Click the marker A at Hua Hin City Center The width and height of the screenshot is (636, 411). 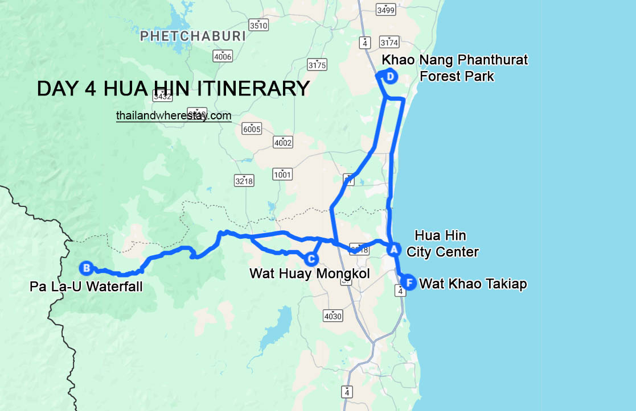[392, 248]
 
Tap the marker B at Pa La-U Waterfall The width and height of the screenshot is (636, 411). [86, 267]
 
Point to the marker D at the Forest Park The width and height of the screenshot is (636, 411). [390, 77]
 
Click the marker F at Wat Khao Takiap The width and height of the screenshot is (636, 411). [408, 282]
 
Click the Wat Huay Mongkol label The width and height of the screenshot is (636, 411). [309, 274]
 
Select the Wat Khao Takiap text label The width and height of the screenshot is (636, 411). [473, 284]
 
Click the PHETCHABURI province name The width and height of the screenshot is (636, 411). [192, 36]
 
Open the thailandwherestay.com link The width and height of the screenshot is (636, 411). [174, 115]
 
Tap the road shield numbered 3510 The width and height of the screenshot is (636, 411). [258, 25]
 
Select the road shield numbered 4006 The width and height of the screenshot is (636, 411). [223, 56]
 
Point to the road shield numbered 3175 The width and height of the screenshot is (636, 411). [317, 65]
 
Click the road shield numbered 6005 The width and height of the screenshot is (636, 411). [251, 129]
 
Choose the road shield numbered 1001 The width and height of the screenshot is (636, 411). [282, 174]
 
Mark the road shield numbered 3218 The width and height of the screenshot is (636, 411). [244, 181]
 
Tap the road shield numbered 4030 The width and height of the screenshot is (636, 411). [333, 316]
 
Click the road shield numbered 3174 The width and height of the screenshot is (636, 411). [389, 43]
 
